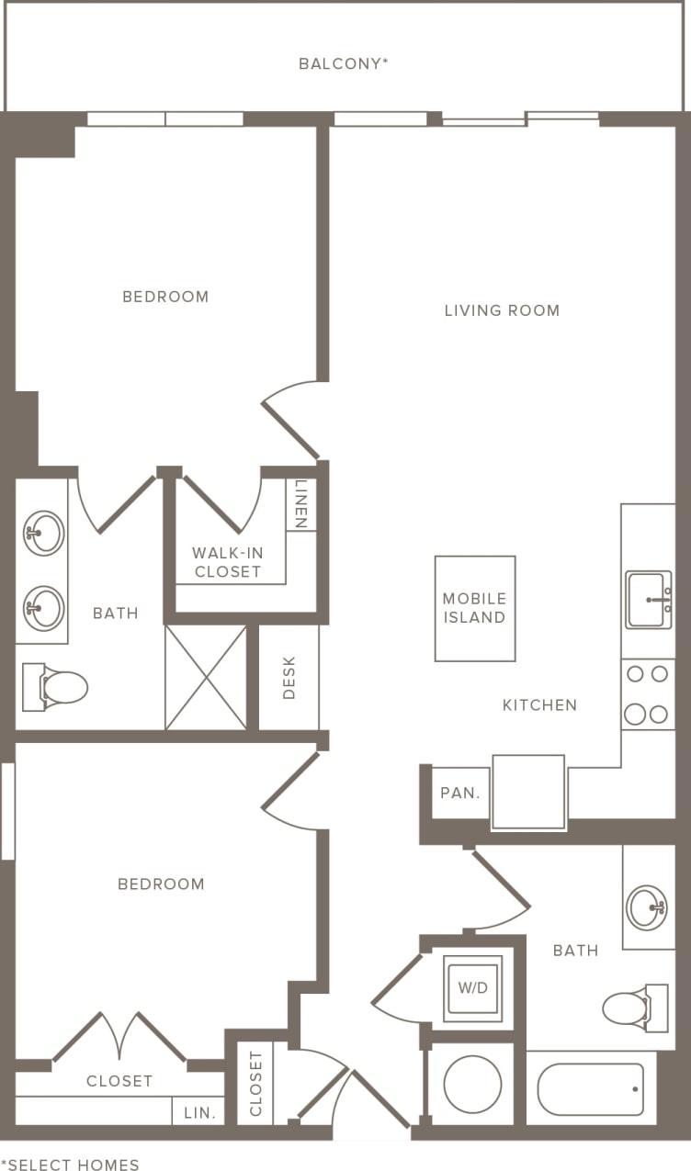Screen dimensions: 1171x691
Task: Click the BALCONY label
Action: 344,63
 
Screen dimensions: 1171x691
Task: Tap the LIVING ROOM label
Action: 502,310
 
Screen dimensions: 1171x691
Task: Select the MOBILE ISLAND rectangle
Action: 474,608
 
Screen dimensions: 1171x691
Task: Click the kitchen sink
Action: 649,600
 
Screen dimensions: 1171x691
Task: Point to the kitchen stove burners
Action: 647,694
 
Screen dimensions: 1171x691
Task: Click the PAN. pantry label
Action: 460,793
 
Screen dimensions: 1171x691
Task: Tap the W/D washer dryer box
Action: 473,989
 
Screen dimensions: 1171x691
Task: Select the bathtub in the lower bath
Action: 591,1088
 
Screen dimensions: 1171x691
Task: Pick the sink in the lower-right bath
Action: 647,906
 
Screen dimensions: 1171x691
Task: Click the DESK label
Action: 289,678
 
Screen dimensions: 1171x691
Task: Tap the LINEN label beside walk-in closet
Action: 300,504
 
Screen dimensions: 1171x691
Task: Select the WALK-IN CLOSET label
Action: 227,562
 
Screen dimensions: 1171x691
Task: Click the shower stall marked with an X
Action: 206,678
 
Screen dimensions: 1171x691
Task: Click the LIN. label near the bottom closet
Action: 199,1112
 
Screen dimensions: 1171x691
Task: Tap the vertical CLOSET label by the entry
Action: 255,1084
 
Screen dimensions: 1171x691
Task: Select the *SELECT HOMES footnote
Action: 70,1165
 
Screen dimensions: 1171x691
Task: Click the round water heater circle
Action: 472,1084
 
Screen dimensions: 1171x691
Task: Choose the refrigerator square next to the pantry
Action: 528,792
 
